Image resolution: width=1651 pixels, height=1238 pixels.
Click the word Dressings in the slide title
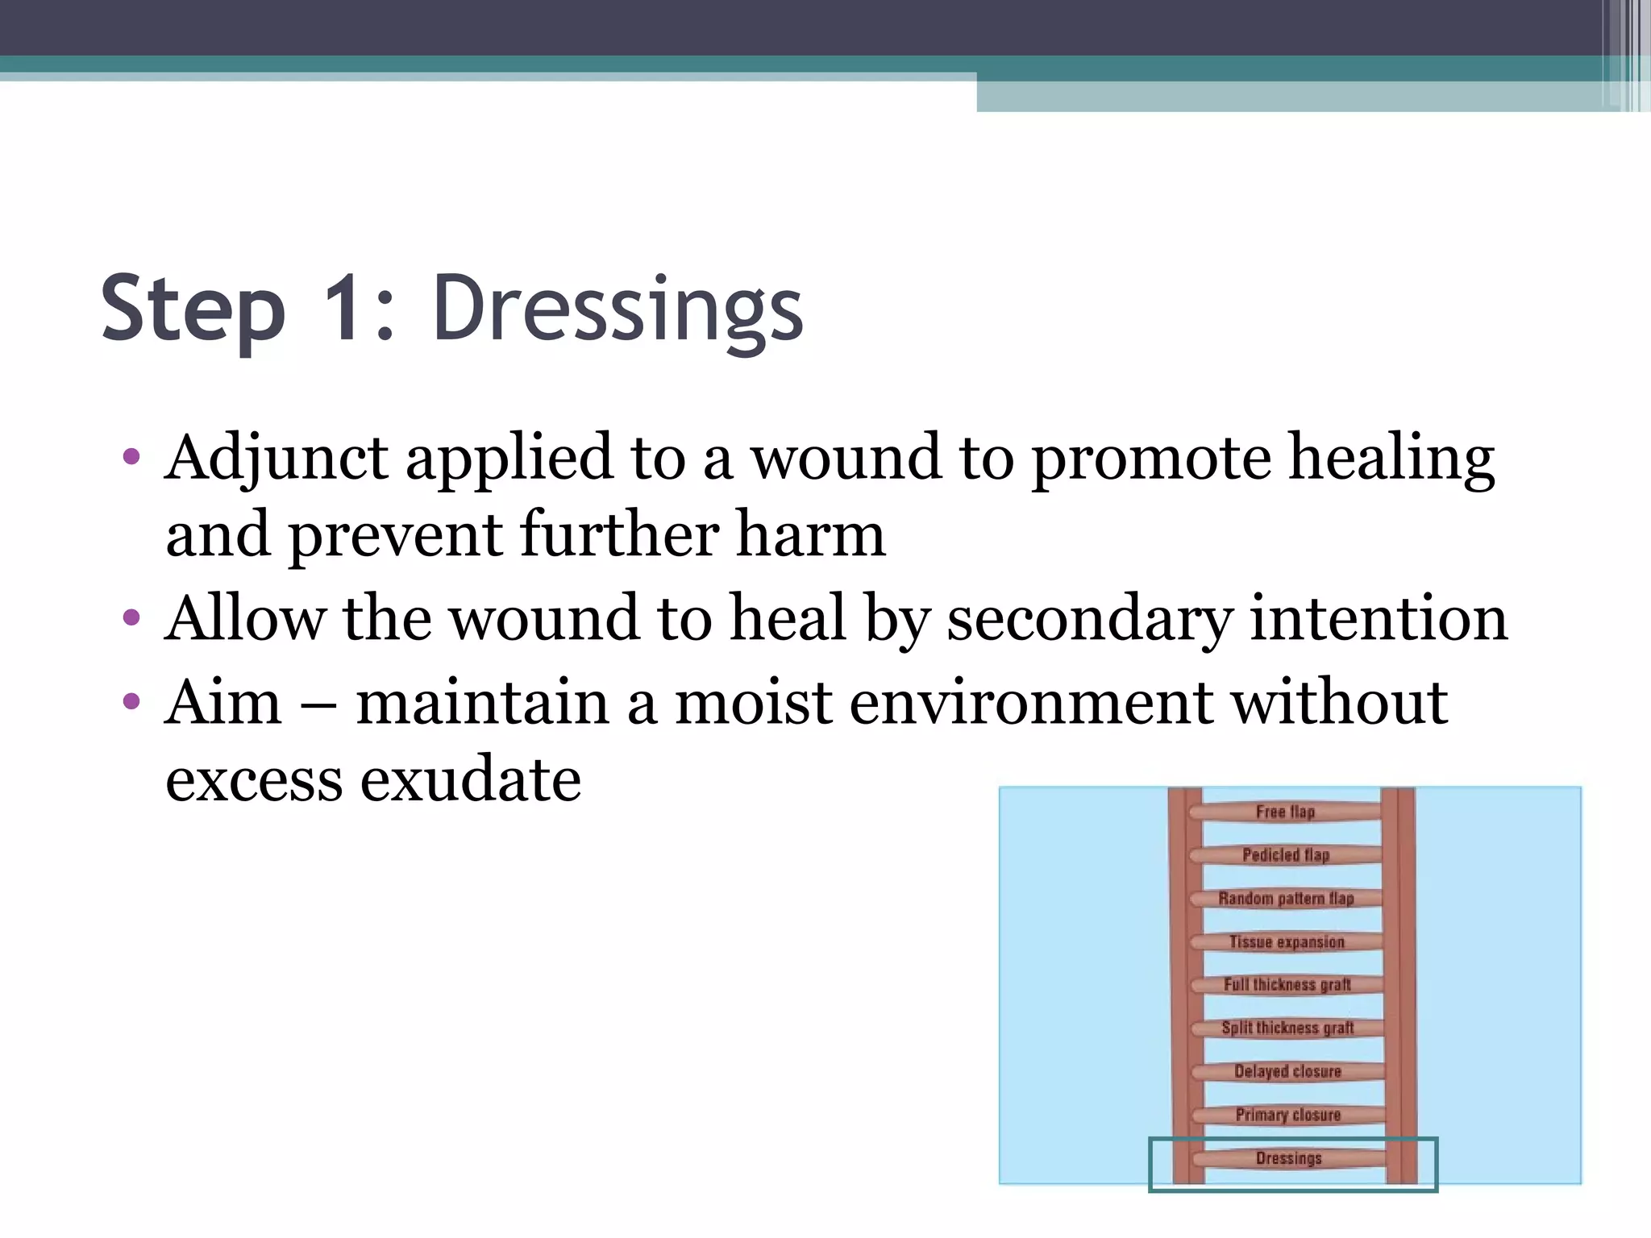pos(618,309)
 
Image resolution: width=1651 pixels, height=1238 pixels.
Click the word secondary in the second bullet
pos(1089,619)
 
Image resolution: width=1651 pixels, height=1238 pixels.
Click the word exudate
pos(470,779)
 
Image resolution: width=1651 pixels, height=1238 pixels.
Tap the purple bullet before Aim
pos(131,701)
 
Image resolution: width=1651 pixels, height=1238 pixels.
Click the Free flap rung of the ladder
pos(1286,812)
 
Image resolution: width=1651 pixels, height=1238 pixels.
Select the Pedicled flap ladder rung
pos(1286,855)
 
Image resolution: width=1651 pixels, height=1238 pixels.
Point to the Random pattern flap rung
pos(1286,899)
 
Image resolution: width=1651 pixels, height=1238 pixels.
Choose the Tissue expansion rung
pos(1287,942)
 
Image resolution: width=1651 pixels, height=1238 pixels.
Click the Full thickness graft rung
pos(1287,985)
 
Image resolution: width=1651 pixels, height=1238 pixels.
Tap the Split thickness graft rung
pos(1287,1028)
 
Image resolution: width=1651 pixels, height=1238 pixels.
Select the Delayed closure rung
pos(1288,1072)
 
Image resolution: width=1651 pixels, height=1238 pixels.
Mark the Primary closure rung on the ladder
pos(1288,1115)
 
